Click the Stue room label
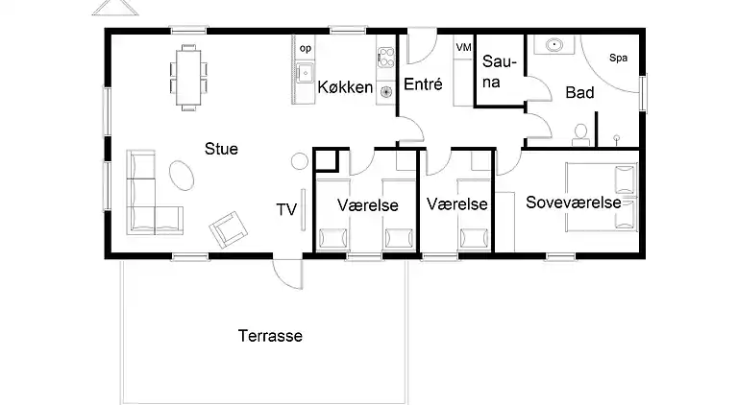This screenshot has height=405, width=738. (221, 149)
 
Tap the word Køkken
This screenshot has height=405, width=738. (345, 88)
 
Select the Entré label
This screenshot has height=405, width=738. (422, 84)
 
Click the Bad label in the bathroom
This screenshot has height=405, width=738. (579, 93)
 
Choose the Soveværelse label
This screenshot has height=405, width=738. (580, 202)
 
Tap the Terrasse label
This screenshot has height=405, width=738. (270, 336)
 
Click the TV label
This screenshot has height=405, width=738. (285, 209)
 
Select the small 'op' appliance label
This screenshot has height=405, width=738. (306, 47)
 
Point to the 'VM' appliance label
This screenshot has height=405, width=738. (463, 47)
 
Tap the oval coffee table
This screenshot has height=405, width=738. (183, 174)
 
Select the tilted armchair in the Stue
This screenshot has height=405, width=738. (229, 226)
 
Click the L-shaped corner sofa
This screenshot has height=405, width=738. (146, 197)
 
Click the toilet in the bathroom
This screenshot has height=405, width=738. (580, 133)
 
